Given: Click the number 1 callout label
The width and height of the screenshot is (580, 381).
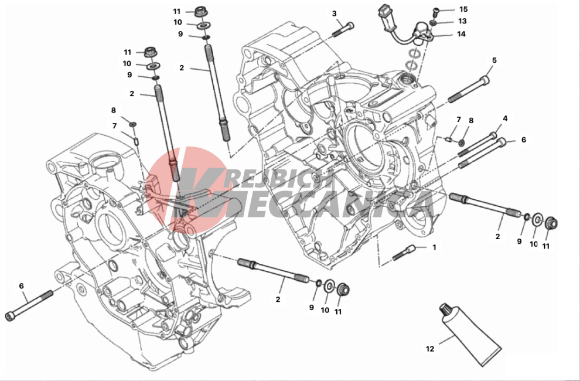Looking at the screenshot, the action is (435, 247).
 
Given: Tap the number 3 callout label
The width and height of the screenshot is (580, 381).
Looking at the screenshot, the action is (335, 13).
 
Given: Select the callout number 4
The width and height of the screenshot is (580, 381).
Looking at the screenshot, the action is (505, 118).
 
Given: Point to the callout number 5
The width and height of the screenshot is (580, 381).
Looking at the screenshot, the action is (494, 60).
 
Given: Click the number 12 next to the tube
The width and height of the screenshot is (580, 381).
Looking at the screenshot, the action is (430, 349).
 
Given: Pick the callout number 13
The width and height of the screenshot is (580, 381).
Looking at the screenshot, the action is (463, 21).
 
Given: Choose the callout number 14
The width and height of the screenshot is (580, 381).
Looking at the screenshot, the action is (461, 34).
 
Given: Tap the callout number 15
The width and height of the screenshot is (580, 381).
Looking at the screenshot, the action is (463, 9).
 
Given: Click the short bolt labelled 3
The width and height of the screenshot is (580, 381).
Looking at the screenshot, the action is (343, 30).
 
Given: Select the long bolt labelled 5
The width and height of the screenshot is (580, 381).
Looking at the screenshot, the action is (469, 89).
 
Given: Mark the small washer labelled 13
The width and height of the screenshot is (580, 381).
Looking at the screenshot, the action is (433, 23).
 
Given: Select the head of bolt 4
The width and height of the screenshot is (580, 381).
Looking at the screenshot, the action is (493, 135).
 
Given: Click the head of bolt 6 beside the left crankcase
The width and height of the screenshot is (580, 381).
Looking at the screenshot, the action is (10, 316).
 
